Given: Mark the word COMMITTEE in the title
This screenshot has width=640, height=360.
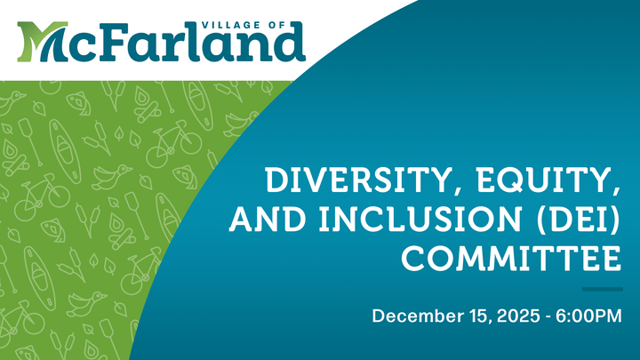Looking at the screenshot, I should tap(510, 260).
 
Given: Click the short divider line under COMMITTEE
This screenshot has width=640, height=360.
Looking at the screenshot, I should tap(601, 289).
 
